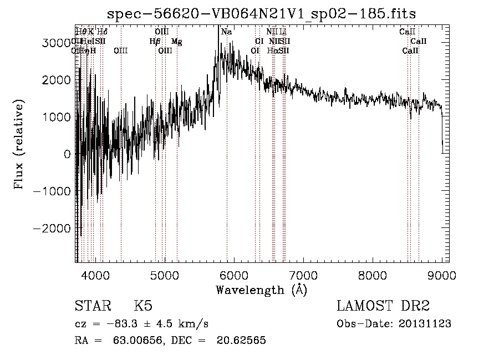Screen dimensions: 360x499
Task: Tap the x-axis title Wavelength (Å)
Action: (261, 290)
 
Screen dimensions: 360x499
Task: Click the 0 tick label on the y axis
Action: (67, 154)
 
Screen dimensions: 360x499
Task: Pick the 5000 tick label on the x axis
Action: (165, 275)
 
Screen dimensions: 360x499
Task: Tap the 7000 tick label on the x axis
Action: (303, 275)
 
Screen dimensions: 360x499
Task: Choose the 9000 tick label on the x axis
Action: (442, 275)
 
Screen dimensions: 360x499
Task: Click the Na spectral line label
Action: (226, 32)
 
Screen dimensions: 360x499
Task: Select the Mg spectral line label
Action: (176, 42)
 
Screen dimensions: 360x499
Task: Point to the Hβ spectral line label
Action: (155, 42)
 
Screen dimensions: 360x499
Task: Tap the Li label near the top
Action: (283, 32)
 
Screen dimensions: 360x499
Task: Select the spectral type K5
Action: (143, 306)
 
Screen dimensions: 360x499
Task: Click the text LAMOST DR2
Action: (383, 306)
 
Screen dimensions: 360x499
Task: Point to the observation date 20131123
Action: (425, 324)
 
